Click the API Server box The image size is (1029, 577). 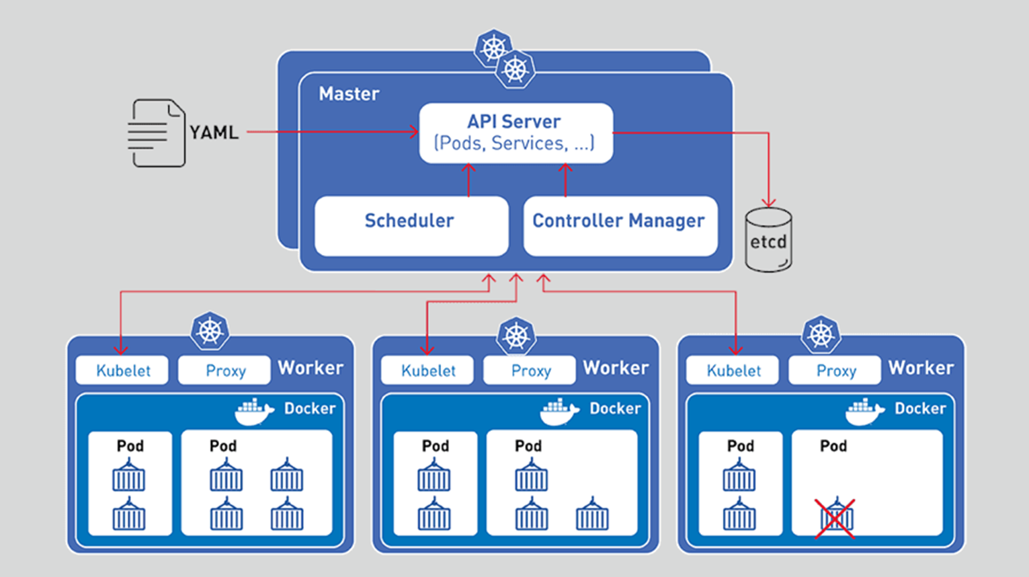(x=516, y=132)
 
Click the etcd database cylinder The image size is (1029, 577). (x=768, y=240)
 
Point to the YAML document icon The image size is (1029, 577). (x=156, y=133)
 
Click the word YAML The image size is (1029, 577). (x=214, y=132)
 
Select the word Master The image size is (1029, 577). (x=349, y=93)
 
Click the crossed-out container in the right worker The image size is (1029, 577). (x=835, y=518)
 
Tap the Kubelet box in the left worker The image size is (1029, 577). (x=122, y=371)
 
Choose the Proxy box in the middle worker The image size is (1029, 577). (x=530, y=371)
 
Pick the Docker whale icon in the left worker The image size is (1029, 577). (x=254, y=411)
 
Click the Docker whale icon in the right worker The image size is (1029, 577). (x=864, y=411)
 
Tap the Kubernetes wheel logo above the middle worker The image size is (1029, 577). (x=516, y=336)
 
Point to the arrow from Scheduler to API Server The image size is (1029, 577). (x=468, y=180)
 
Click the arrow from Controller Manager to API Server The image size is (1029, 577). (x=565, y=180)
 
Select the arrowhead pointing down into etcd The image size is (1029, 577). (x=768, y=202)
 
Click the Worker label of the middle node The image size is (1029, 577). (x=616, y=368)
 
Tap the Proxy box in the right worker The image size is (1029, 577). (x=835, y=371)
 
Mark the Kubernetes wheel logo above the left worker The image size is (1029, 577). (x=210, y=330)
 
